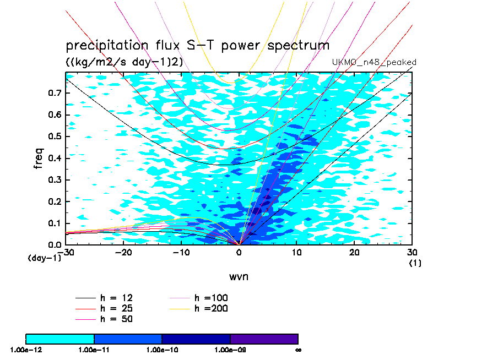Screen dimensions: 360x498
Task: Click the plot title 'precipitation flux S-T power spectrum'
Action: (197, 45)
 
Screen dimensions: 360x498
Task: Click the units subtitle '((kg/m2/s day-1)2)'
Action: (124, 62)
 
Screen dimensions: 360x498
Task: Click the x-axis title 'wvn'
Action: (239, 276)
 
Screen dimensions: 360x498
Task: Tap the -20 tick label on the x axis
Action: (123, 252)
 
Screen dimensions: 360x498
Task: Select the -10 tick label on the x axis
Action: (181, 252)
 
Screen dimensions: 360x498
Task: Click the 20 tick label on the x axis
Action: (354, 252)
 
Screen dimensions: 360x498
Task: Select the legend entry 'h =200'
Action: (212, 308)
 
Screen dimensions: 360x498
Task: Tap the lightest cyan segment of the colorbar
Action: (60, 339)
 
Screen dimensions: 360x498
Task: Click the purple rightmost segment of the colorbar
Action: (264, 339)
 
